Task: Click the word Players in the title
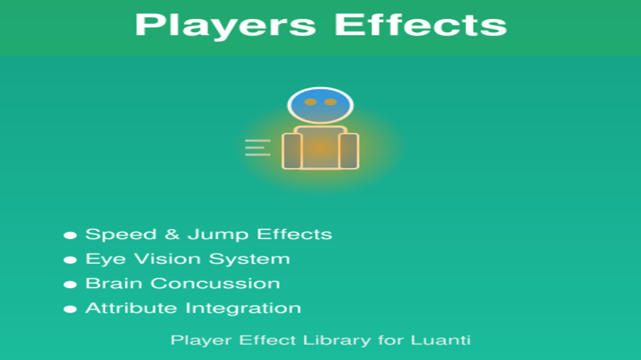coord(225,26)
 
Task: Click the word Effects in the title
coord(421,24)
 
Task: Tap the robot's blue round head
coord(320,105)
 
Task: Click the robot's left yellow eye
coord(310,102)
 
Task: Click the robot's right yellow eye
coord(330,102)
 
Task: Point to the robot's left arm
coord(292,151)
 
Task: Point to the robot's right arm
coord(348,151)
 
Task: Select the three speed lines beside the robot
coord(258,148)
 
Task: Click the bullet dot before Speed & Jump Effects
coord(70,235)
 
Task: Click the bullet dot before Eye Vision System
coord(70,260)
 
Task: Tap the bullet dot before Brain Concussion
coord(70,284)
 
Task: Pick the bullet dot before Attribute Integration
coord(70,309)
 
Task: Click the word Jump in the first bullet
coord(218,235)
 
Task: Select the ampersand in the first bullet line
coord(172,234)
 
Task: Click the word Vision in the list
coord(168,258)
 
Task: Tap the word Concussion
coord(215,283)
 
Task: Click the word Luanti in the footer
coord(440,340)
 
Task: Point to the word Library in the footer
coord(337,341)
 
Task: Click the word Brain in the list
coord(114,283)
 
